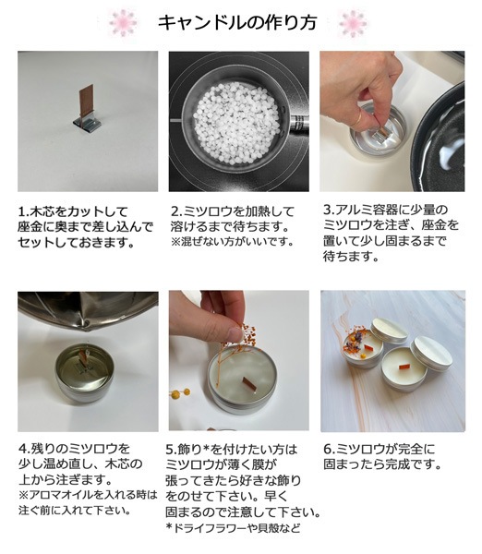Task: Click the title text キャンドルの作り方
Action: pos(242,22)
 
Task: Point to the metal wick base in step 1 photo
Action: pos(85,124)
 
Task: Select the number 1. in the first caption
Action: pos(24,211)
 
